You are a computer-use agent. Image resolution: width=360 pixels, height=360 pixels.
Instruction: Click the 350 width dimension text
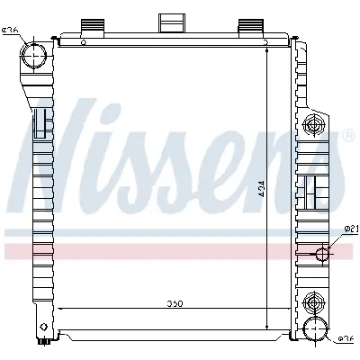(x=175, y=303)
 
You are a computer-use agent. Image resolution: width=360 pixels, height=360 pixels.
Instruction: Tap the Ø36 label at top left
(x=11, y=31)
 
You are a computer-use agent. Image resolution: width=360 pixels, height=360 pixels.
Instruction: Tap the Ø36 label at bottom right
(x=346, y=338)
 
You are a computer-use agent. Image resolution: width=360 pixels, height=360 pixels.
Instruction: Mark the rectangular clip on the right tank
(x=311, y=189)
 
